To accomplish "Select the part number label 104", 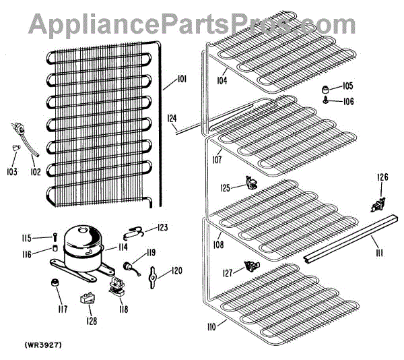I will (x=222, y=81).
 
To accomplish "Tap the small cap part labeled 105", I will (x=327, y=88).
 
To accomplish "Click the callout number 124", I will (x=172, y=119).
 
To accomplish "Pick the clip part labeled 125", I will (x=251, y=183).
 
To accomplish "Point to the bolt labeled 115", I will (x=53, y=237).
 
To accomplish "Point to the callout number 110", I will (x=211, y=328).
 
